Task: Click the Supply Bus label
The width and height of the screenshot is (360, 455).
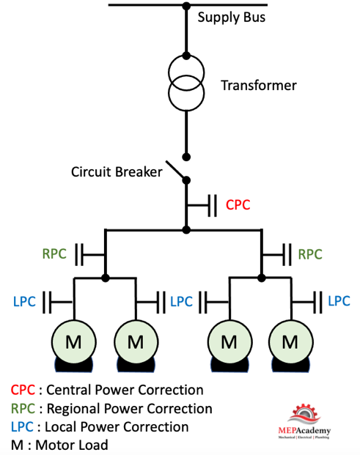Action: click(x=232, y=18)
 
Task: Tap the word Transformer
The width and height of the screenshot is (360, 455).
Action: click(x=259, y=85)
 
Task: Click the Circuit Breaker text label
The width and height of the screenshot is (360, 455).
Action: click(x=117, y=171)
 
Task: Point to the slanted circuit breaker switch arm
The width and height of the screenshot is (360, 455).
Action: click(x=175, y=169)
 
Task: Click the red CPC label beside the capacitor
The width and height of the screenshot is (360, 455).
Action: click(x=238, y=204)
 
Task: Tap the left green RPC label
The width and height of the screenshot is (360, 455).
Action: click(x=54, y=254)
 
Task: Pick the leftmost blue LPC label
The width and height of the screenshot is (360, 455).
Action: click(x=24, y=302)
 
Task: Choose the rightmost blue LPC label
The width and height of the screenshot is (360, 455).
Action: click(x=339, y=301)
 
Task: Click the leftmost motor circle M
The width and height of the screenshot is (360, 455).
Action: click(x=74, y=342)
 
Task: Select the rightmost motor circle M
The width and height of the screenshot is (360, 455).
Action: click(x=290, y=342)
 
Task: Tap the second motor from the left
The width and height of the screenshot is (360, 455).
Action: click(x=136, y=342)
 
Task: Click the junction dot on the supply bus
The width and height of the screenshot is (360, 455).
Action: click(x=186, y=6)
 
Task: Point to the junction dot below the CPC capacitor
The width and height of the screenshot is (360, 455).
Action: click(x=186, y=230)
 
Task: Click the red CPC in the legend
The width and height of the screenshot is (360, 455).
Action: click(x=23, y=390)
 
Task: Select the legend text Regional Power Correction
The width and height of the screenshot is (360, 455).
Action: click(x=130, y=409)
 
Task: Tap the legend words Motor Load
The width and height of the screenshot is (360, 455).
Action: click(x=72, y=445)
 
